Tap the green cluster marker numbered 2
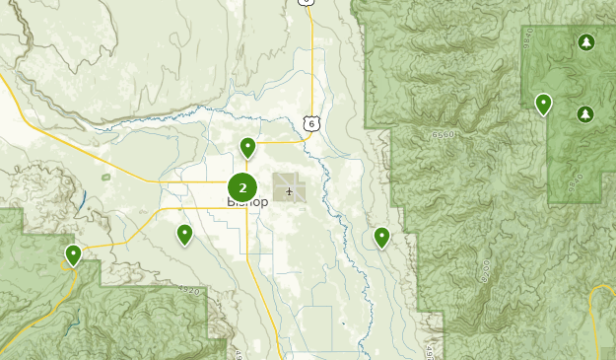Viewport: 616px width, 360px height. [x=242, y=186]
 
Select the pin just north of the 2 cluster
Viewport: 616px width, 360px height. [x=247, y=148]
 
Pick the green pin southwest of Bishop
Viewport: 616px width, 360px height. [x=184, y=234]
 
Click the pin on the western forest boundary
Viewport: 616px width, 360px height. [x=73, y=255]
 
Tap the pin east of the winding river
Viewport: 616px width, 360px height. [x=381, y=237]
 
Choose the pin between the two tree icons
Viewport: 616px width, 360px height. [x=543, y=104]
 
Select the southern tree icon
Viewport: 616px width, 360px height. [x=585, y=114]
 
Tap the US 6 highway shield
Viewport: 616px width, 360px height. [x=311, y=121]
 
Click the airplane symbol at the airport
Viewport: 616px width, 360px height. [x=289, y=190]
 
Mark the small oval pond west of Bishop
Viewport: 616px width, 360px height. [x=105, y=178]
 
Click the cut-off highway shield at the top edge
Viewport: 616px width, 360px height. [x=308, y=3]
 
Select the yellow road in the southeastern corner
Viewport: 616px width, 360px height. [x=594, y=316]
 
